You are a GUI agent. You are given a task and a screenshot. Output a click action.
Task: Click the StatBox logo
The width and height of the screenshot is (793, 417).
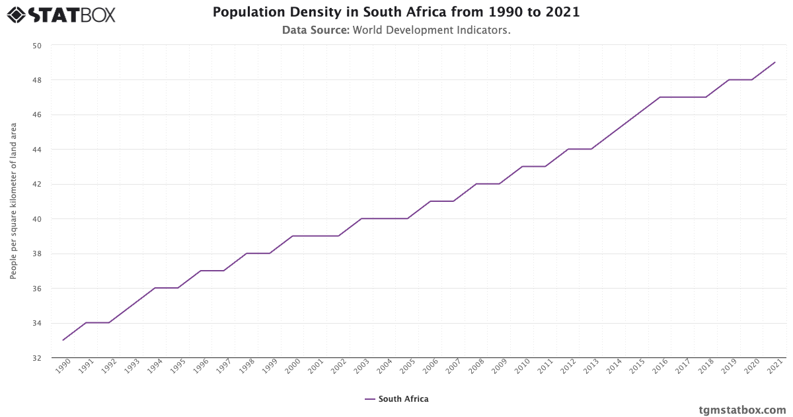coord(61,14)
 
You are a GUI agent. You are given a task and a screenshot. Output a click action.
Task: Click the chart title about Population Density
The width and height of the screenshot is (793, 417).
coord(396,13)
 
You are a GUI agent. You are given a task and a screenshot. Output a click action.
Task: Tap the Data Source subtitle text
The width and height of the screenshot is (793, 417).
coord(396,30)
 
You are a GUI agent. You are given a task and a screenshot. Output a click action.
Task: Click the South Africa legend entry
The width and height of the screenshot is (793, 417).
coord(397,399)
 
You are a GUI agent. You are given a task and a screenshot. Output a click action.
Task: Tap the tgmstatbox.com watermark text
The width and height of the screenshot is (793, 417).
coord(742,410)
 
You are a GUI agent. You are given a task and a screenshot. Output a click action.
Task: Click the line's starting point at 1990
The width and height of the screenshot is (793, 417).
coord(63,340)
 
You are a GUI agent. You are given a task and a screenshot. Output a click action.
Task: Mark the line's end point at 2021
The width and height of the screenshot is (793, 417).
coord(774,62)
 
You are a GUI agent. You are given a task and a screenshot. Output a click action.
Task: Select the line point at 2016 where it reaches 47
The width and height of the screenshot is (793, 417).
coord(660,97)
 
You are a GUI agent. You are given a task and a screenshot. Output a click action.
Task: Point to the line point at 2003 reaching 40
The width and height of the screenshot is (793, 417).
coord(361,218)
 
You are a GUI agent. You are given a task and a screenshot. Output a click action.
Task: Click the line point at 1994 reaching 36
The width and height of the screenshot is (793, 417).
coord(155,288)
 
